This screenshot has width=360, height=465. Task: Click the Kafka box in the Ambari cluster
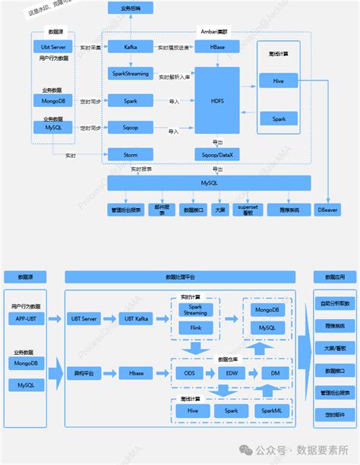coord(130,47)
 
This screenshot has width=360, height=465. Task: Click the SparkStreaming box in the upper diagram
coord(130,73)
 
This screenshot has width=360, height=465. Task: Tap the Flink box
coord(195,328)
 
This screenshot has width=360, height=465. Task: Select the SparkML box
coord(274,410)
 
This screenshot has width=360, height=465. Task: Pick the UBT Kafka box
coord(137,318)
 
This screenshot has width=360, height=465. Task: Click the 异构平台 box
coord(84,373)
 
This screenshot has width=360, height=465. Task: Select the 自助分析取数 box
coord(334,303)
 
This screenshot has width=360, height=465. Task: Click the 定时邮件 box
coord(334,414)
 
